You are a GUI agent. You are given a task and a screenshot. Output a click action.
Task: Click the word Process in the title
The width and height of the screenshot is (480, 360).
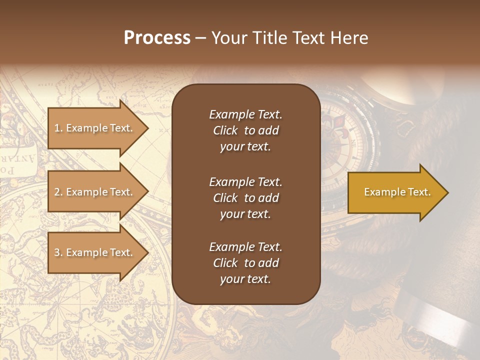[157, 38]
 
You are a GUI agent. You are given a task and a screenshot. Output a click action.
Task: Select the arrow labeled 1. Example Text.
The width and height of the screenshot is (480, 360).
[95, 128]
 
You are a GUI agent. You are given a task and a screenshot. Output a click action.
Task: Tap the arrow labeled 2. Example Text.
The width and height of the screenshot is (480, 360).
[95, 192]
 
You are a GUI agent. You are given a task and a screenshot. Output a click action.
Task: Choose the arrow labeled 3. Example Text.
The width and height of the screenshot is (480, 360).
[95, 253]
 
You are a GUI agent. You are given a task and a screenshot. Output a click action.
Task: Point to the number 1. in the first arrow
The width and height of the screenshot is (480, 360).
[58, 128]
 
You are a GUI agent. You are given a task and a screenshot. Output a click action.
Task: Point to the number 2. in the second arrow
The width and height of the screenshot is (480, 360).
[58, 192]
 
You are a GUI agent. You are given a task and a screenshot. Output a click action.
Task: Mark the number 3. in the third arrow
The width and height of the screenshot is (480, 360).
[58, 253]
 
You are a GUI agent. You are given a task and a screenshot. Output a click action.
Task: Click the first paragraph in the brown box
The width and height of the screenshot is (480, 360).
[245, 130]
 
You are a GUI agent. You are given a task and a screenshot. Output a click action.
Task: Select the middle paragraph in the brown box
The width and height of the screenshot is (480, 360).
[245, 198]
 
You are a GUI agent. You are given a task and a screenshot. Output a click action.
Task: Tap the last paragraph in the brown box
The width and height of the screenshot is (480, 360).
[245, 263]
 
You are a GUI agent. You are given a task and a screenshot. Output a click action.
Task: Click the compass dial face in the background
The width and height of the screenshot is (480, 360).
[340, 145]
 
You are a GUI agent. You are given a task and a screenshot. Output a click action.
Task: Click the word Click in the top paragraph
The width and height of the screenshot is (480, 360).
[225, 131]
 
